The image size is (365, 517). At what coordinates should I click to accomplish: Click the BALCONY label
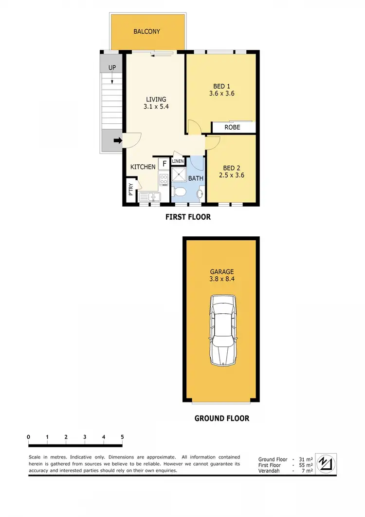click(x=146, y=32)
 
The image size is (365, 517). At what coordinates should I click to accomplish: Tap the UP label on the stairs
click(x=112, y=68)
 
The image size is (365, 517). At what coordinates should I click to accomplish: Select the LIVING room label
click(x=156, y=99)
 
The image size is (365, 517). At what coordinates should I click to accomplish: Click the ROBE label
click(x=233, y=128)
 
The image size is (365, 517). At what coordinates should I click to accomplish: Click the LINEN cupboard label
click(x=178, y=161)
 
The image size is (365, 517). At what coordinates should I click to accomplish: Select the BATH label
click(x=196, y=178)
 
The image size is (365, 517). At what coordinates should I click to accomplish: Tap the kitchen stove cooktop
click(x=164, y=178)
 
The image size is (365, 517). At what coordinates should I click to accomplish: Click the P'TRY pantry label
click(x=130, y=189)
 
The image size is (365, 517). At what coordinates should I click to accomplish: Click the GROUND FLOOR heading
click(x=221, y=418)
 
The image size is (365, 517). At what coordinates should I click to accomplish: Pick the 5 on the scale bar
click(x=122, y=437)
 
